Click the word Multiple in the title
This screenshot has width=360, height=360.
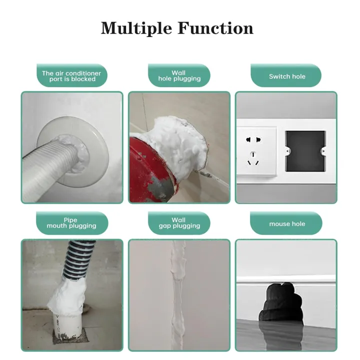tap(133, 28)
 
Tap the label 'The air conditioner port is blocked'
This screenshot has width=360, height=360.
tap(71, 76)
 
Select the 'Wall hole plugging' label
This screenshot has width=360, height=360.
tap(179, 76)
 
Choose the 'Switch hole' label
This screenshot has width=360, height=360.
tap(286, 76)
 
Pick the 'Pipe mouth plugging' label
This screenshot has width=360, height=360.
tap(71, 223)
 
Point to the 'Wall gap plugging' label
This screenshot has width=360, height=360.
tap(179, 223)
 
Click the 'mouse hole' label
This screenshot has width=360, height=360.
tap(286, 223)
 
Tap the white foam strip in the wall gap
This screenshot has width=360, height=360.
tap(178, 295)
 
